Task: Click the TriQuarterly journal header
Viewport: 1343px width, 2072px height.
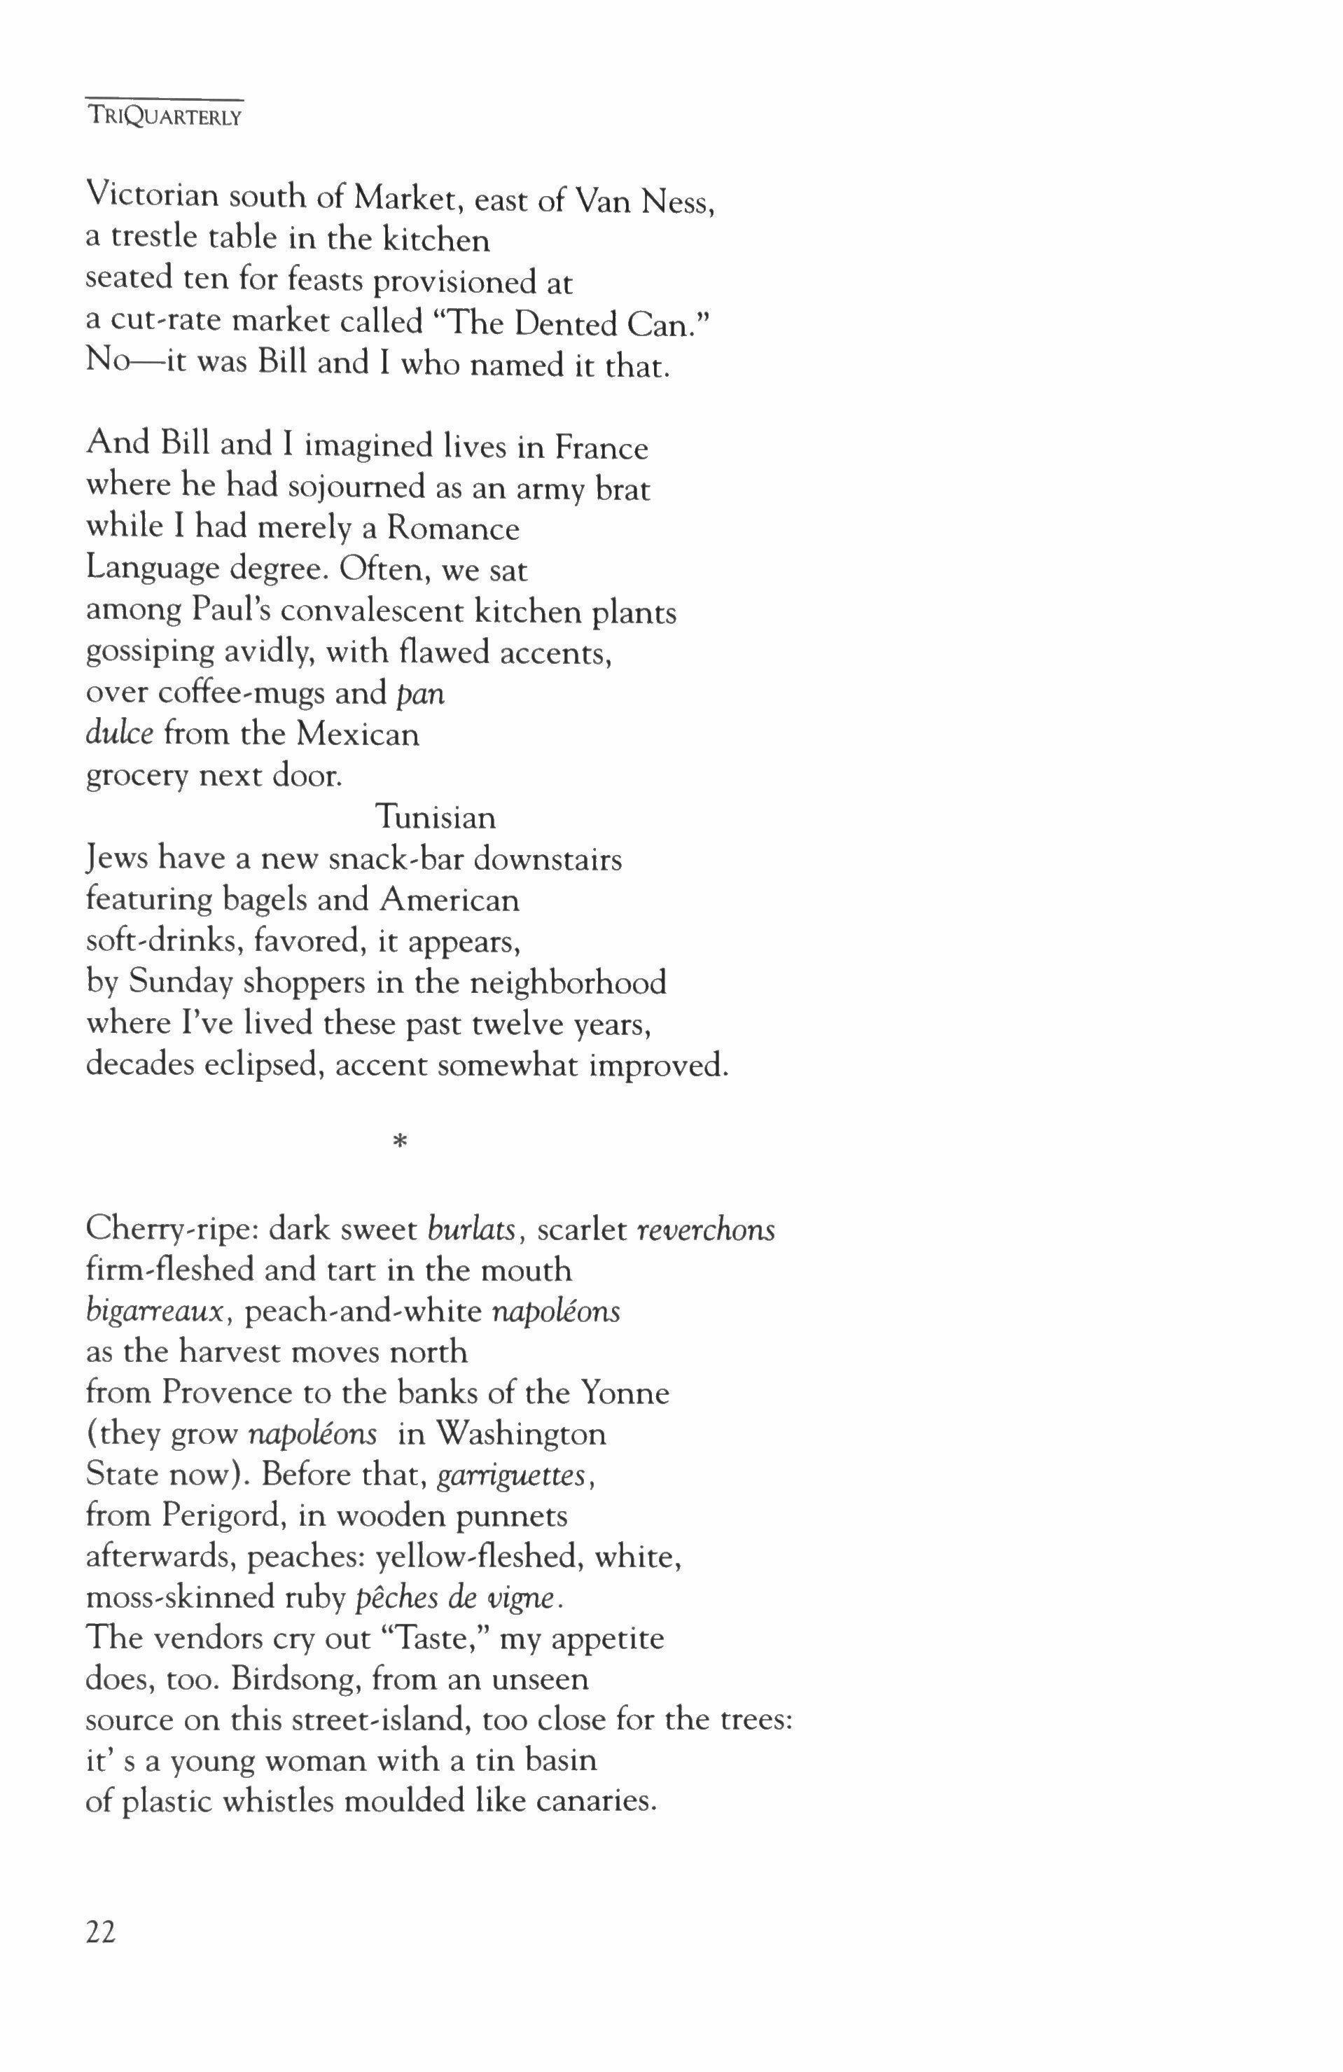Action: [165, 118]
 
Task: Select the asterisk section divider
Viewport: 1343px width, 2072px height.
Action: [400, 1143]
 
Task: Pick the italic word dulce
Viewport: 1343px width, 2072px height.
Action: [119, 734]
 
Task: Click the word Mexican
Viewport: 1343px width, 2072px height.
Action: [357, 734]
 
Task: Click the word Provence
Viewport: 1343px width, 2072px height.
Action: [227, 1393]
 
